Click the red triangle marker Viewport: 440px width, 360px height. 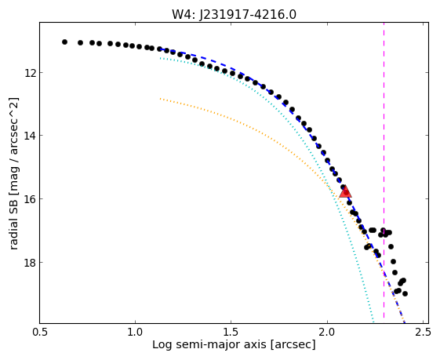coord(345,192)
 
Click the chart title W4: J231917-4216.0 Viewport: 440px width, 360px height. coord(234,14)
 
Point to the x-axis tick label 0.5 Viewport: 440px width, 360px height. coord(39,332)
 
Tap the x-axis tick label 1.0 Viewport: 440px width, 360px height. coord(135,332)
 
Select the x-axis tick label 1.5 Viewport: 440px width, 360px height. coord(231,332)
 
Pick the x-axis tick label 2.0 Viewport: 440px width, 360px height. coord(327,332)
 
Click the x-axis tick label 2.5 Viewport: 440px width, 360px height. coord(423,332)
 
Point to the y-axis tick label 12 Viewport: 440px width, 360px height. coord(30,73)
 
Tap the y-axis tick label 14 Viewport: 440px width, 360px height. coord(30,136)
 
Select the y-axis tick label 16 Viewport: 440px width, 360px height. coord(30,199)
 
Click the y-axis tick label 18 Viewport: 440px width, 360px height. coord(30,263)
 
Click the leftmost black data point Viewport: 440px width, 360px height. coord(64,42)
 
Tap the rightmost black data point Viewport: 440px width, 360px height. coord(405,293)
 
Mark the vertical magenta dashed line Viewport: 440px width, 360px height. coord(384,173)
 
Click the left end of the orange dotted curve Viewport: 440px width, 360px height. coord(160,99)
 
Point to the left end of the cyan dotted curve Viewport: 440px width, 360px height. coord(160,58)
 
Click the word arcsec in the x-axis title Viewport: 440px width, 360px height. coord(293,345)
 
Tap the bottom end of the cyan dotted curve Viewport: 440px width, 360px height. coord(373,322)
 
